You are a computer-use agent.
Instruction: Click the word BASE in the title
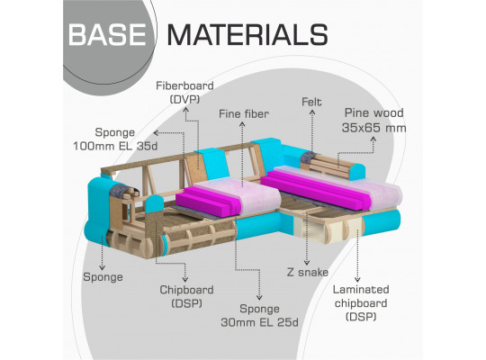pyautogui.click(x=107, y=35)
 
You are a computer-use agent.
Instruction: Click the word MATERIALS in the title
pyautogui.click(x=247, y=35)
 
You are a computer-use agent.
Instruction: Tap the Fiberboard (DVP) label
pyautogui.click(x=184, y=93)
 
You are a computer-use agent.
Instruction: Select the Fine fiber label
pyautogui.click(x=244, y=113)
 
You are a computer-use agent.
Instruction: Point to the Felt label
pyautogui.click(x=311, y=102)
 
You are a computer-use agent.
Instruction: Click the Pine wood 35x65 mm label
pyautogui.click(x=374, y=121)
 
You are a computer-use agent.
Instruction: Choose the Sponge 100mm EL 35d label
pyautogui.click(x=115, y=139)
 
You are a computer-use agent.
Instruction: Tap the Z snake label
pyautogui.click(x=308, y=272)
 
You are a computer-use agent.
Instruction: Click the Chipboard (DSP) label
pyautogui.click(x=186, y=296)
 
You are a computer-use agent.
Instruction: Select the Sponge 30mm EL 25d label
pyautogui.click(x=259, y=315)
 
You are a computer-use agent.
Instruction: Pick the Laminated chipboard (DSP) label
pyautogui.click(x=361, y=303)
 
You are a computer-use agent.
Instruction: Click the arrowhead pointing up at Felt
pyautogui.click(x=312, y=112)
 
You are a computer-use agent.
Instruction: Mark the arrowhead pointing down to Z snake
pyautogui.click(x=307, y=263)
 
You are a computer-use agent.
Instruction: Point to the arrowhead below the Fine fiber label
pyautogui.click(x=242, y=124)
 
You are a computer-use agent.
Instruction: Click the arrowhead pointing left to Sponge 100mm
pyautogui.click(x=156, y=133)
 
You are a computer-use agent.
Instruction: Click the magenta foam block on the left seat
pyautogui.click(x=208, y=201)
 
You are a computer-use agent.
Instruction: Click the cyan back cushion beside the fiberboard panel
pyautogui.click(x=213, y=164)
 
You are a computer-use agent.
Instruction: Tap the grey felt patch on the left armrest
pyautogui.click(x=120, y=190)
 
